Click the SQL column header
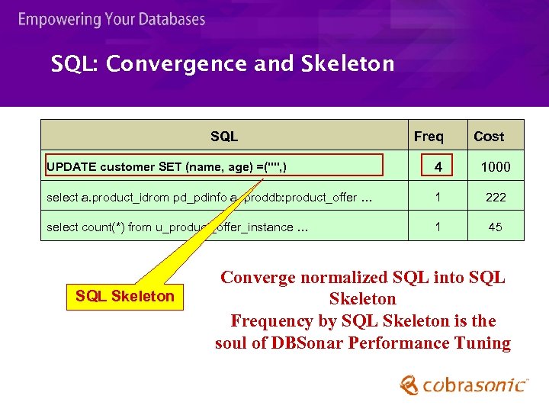pos(224,137)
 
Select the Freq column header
pos(429,137)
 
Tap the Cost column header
pos(489,137)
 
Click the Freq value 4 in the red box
pos(438,166)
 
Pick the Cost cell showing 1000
pos(496,166)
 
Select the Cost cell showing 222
pos(496,197)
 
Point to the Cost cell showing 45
pos(496,227)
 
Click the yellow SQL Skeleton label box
pos(125,296)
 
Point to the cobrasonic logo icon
pos(409,384)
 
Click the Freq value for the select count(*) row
pos(438,227)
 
